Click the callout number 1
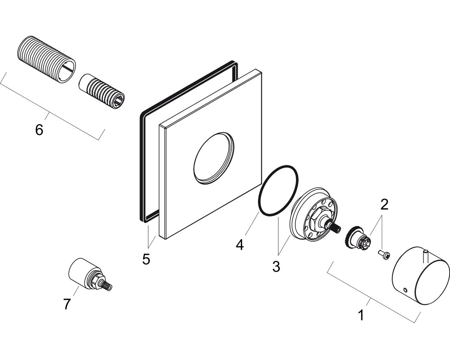click(x=361, y=315)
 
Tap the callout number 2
click(x=384, y=204)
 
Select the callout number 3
click(x=276, y=266)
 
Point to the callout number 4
click(x=240, y=244)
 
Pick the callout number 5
click(x=146, y=259)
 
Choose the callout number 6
click(x=39, y=130)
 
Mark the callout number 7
click(x=67, y=304)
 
